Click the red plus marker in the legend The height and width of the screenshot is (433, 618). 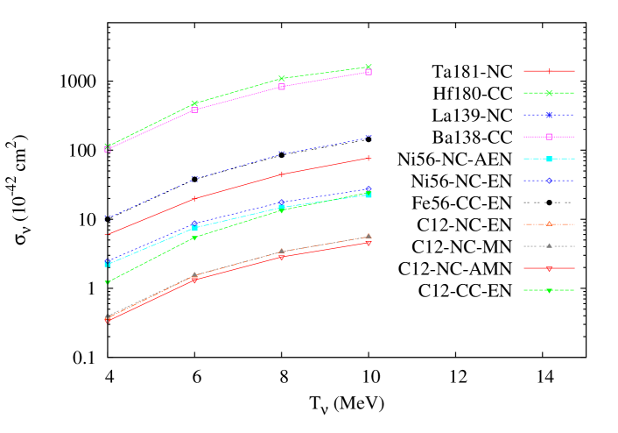[549, 71]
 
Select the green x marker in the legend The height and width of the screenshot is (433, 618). [549, 93]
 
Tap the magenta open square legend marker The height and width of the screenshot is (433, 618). [549, 137]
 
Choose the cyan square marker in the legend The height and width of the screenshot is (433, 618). [549, 159]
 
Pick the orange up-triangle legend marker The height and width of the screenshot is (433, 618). [549, 224]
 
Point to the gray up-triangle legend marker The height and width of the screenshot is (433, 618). [549, 246]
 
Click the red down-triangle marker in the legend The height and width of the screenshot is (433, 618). [549, 268]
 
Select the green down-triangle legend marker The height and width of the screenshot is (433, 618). [549, 290]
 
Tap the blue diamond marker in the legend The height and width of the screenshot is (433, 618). [549, 181]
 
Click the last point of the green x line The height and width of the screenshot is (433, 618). [369, 67]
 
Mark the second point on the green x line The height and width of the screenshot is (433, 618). [194, 103]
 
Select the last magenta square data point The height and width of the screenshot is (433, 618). [369, 72]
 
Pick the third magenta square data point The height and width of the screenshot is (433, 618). [281, 87]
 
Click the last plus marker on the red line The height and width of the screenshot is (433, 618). [369, 158]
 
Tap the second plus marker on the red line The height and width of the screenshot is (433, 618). [194, 199]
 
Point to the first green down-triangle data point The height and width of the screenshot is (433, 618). [108, 282]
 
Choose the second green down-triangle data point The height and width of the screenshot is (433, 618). [194, 238]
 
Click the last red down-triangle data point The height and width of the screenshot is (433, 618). [369, 243]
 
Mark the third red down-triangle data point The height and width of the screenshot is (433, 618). [281, 258]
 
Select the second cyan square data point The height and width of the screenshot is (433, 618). [194, 228]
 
